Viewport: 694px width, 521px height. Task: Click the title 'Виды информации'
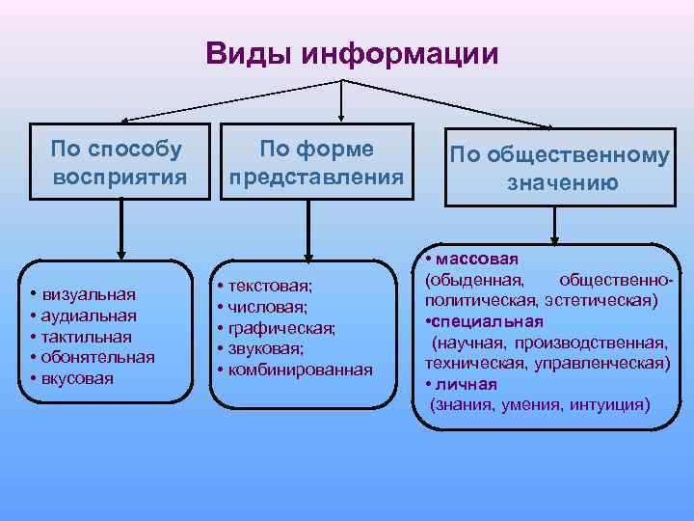point(352,53)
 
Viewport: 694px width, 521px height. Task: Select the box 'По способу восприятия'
point(120,162)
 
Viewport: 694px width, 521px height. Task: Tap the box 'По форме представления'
point(315,162)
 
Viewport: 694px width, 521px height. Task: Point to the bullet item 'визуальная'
point(88,293)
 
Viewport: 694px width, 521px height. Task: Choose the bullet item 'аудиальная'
point(88,315)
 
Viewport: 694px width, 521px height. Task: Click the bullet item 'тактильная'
point(86,336)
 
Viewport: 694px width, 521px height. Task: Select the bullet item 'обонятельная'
point(96,357)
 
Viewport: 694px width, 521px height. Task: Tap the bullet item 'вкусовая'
point(82,378)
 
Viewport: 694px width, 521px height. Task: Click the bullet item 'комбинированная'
point(300,370)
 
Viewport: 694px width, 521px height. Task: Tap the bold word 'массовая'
point(476,260)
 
